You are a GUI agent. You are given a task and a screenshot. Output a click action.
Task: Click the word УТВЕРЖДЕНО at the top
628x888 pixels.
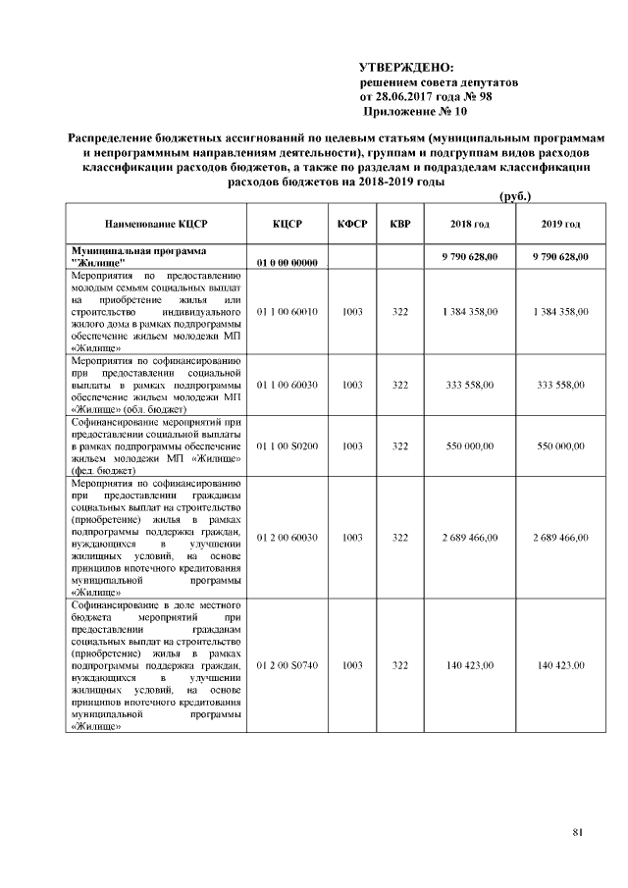point(407,68)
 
